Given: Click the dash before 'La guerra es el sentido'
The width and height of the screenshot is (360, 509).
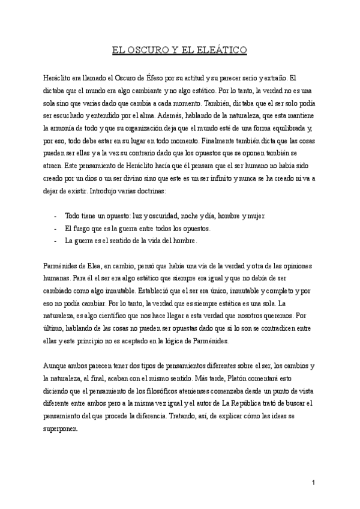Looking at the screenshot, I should point(55,241).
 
